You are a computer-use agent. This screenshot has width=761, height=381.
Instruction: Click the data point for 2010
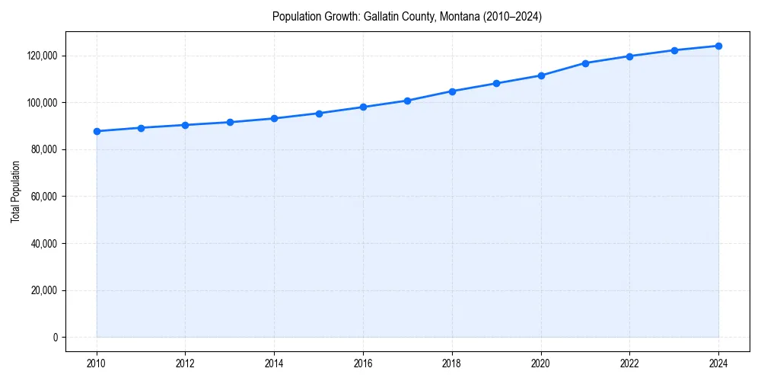(97, 131)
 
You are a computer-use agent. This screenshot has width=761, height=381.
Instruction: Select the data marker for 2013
(230, 122)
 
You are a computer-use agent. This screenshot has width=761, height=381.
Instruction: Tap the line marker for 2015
(319, 114)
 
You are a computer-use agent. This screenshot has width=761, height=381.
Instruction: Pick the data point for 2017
(408, 101)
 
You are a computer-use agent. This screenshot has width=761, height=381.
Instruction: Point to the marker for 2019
(496, 83)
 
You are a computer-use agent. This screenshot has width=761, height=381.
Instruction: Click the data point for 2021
(585, 63)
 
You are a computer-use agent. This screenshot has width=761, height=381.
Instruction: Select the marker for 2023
(674, 50)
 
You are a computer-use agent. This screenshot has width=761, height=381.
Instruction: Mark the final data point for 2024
(718, 46)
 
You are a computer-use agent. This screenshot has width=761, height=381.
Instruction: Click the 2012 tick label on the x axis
(185, 363)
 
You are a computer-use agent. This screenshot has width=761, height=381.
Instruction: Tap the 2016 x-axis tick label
(363, 363)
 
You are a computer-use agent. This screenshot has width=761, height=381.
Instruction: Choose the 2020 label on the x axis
(541, 363)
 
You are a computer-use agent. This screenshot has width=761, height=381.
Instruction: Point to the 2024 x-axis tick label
(718, 363)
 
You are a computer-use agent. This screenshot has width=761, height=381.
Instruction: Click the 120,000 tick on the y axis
(43, 56)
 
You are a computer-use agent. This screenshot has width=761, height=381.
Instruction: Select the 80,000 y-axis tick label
(45, 149)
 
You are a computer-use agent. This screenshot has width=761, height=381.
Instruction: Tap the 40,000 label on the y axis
(45, 244)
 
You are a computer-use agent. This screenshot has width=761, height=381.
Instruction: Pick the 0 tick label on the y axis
(56, 338)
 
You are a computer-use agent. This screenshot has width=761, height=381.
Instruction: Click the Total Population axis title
(15, 191)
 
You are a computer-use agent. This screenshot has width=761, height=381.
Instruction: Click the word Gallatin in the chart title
(381, 17)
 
